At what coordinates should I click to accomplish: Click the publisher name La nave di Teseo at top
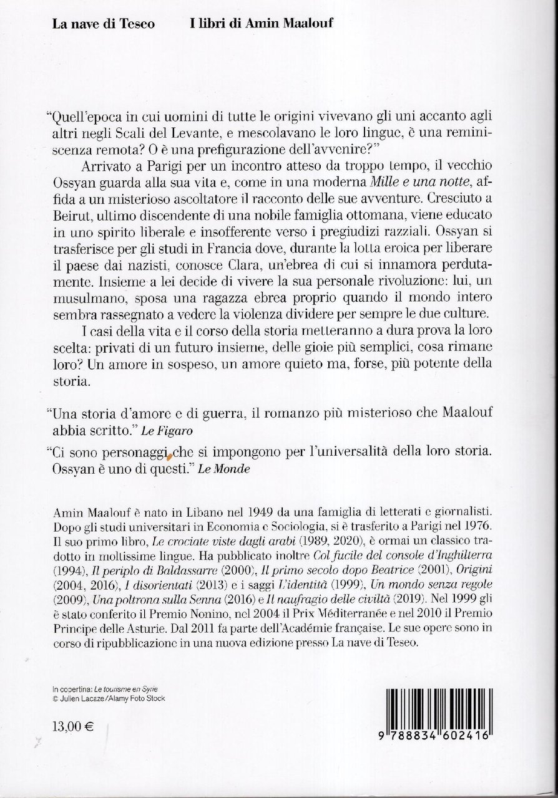tap(104, 24)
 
